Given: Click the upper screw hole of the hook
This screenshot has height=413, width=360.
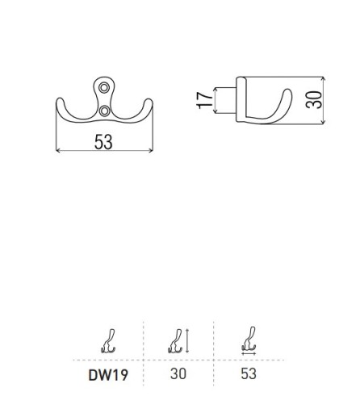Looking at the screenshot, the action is coord(104,87).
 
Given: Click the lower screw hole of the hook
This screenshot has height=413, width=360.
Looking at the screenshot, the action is coord(104,111).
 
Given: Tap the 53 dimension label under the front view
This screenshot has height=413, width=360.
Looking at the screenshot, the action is coord(103,142).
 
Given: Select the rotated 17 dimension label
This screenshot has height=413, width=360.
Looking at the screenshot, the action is coord(204,100).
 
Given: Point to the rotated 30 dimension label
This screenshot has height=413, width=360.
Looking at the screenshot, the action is coord(313,100).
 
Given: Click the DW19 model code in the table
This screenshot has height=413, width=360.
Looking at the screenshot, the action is coord(108,375).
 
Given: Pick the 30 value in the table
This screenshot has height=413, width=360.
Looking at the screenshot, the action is coord(178,373).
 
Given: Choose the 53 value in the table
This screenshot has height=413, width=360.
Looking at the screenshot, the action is coord(249,373).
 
